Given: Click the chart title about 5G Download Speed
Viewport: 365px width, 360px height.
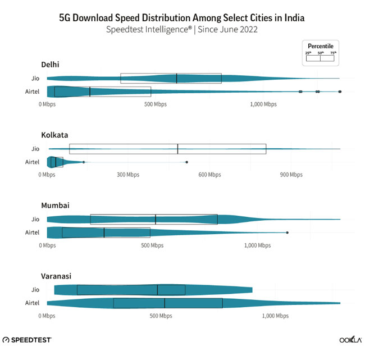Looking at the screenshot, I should pyautogui.click(x=182, y=18).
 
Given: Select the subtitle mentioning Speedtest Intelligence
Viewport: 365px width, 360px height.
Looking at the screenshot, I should pyautogui.click(x=182, y=30).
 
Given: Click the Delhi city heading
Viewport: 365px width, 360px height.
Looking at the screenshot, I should pyautogui.click(x=50, y=65).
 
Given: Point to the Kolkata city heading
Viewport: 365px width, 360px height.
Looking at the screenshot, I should pyautogui.click(x=54, y=135).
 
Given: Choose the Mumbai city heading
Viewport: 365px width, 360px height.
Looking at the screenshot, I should pyautogui.click(x=55, y=206).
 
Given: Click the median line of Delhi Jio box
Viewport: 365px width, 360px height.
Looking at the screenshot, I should pyautogui.click(x=177, y=79).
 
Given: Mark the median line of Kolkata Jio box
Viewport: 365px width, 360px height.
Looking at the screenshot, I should pyautogui.click(x=177, y=149).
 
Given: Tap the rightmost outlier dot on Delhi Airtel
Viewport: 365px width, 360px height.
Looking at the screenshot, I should pyautogui.click(x=340, y=92).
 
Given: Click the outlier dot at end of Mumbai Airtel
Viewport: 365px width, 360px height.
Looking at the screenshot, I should pyautogui.click(x=287, y=233).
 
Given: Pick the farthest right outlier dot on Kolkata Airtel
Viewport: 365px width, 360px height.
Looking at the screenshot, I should pyautogui.click(x=186, y=162).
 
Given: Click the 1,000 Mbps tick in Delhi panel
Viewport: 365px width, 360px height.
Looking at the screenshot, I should pyautogui.click(x=263, y=104).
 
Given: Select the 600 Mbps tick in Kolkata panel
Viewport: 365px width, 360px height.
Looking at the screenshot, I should pyautogui.click(x=210, y=175).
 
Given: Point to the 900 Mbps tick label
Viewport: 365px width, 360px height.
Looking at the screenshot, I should pyautogui.click(x=291, y=175).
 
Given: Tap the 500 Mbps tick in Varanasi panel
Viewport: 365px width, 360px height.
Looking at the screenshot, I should pyautogui.click(x=161, y=316).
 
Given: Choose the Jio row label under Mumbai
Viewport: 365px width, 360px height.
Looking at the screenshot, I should pyautogui.click(x=35, y=219).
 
